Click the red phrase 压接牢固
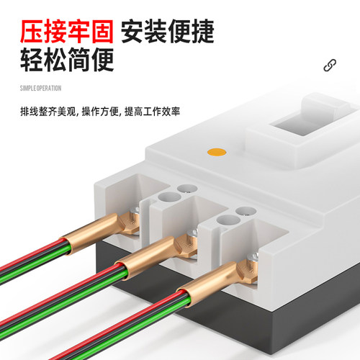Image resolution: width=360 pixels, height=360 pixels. pyautogui.click(x=67, y=32)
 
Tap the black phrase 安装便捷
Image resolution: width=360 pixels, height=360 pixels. pyautogui.click(x=168, y=32)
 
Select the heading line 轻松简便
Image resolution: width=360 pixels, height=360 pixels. pyautogui.click(x=67, y=60)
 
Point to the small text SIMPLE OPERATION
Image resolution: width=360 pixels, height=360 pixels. pyautogui.click(x=40, y=89)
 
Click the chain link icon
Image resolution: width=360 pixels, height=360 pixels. pyautogui.click(x=330, y=66)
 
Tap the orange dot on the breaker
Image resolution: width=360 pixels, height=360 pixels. pyautogui.click(x=217, y=152)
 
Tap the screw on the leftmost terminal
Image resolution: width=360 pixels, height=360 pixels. pyautogui.click(x=135, y=211)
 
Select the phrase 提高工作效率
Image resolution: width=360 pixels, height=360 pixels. pyautogui.click(x=152, y=112)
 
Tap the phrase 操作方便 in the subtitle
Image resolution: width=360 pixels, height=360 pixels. pyautogui.click(x=100, y=112)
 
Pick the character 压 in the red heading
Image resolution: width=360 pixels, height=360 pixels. pyautogui.click(x=32, y=32)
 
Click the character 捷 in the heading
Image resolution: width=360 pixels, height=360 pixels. pyautogui.click(x=202, y=32)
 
